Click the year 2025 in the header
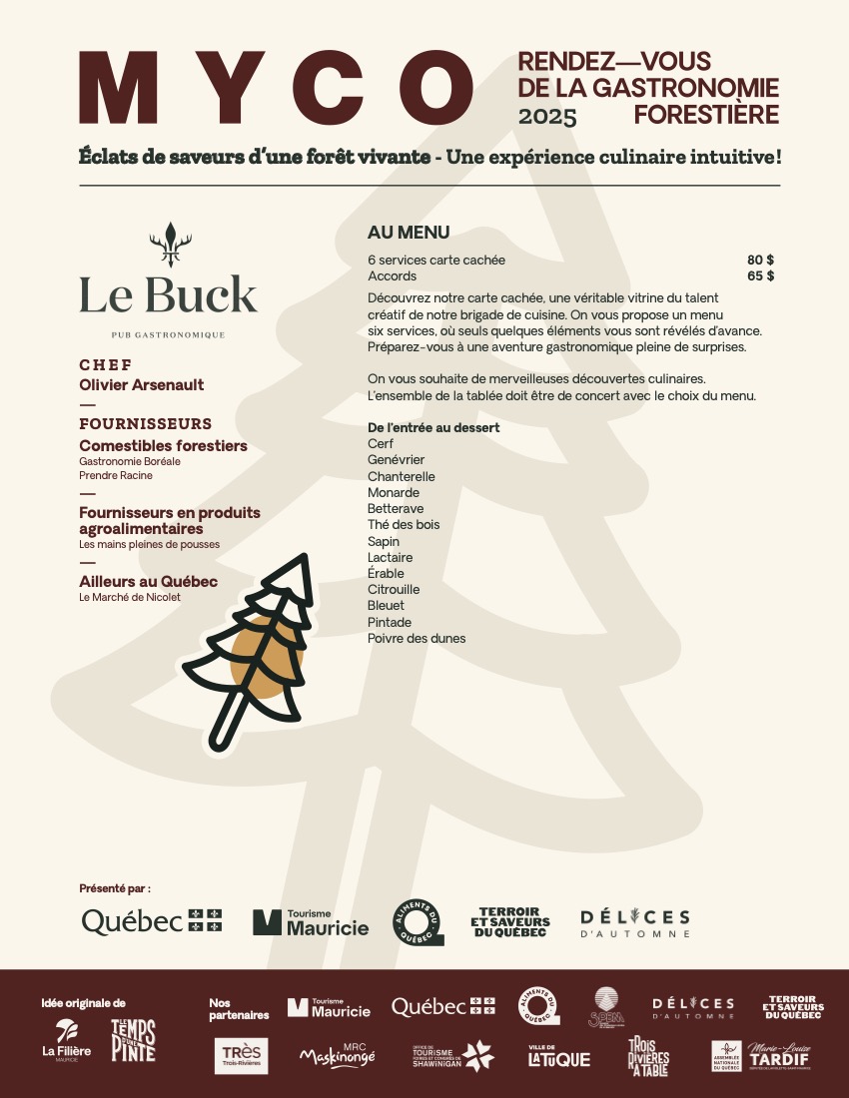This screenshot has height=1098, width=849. coord(547,117)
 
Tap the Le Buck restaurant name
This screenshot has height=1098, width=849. coord(168,294)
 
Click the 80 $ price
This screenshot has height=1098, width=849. coord(760,260)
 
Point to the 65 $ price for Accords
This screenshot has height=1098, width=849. coord(760,275)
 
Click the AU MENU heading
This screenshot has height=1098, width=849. coord(409,233)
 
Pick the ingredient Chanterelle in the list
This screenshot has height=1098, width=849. coord(402,476)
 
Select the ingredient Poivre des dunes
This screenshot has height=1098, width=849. coord(417,638)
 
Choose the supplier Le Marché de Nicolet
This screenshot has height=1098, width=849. coord(130,597)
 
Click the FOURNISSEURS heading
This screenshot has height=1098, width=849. coord(145,423)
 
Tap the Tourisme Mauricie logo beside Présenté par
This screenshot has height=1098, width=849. coord(311,921)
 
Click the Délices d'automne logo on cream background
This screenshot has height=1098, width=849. coord(635,922)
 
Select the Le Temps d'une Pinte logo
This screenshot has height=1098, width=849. coord(133,1041)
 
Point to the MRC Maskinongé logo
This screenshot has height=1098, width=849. coord(338,1055)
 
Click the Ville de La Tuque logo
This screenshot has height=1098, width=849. coord(558,1056)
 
